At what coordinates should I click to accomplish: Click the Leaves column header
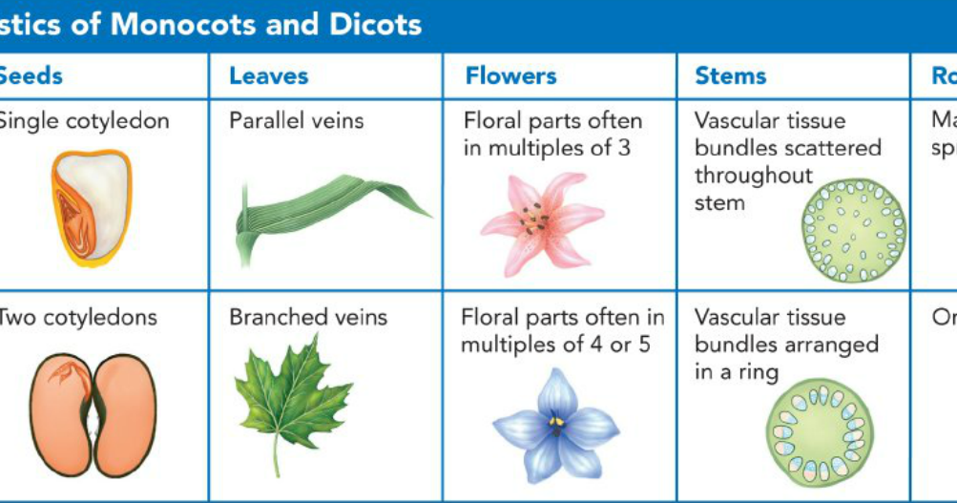(268, 76)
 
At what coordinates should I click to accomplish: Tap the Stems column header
(730, 76)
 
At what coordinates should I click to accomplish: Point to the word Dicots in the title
(371, 24)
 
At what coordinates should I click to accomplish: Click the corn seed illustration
(91, 207)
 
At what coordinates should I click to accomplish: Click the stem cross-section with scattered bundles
(853, 230)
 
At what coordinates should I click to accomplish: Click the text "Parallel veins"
(296, 121)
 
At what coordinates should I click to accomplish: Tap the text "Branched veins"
(308, 317)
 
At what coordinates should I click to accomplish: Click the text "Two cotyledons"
(77, 317)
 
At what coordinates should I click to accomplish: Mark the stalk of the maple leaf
(277, 459)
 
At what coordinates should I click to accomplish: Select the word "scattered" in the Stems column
(834, 149)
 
